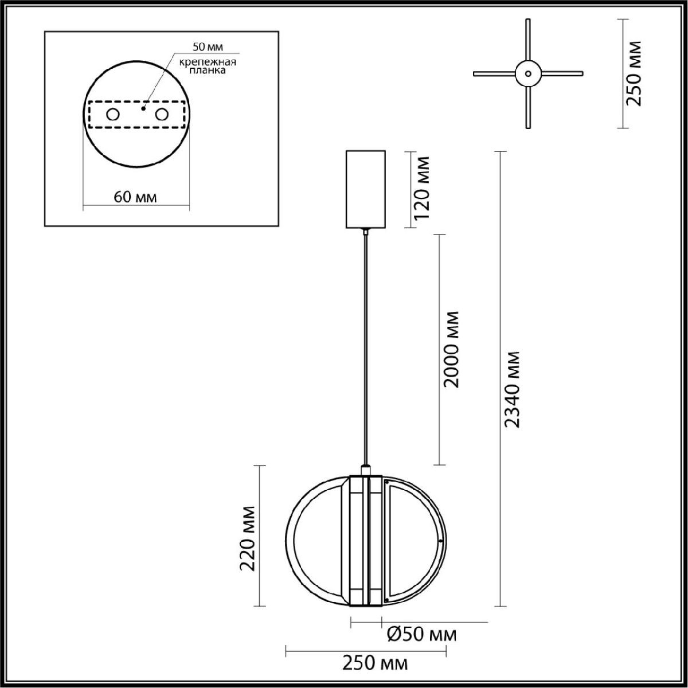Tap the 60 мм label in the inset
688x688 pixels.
135,197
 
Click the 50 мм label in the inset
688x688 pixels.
208,46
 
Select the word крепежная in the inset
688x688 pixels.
208,62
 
